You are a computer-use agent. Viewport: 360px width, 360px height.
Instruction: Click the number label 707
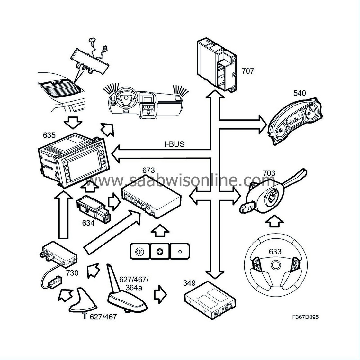coord(248,71)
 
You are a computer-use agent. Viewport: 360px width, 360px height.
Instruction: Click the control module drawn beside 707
coord(217,64)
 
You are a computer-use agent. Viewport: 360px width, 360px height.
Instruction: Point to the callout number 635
coord(49,135)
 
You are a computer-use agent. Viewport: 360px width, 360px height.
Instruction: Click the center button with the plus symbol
coord(159,251)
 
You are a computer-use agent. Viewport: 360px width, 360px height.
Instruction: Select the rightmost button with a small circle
coord(180,251)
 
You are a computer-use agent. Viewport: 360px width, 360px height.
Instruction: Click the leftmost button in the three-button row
coord(139,251)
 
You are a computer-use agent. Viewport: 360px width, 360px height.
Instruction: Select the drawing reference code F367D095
coord(305,317)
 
